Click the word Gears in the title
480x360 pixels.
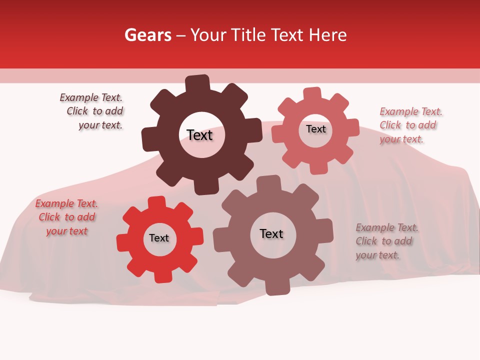point(148,35)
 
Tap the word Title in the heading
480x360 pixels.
point(250,35)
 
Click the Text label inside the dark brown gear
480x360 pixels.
point(199,135)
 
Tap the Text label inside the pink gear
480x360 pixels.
point(315,129)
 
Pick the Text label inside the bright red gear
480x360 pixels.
point(159,238)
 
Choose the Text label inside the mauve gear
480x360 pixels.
point(271,233)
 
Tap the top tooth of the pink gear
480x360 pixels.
point(312,93)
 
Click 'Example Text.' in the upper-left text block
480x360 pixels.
point(91,97)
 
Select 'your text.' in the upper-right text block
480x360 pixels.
point(401,139)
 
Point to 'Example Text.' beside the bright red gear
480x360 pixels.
point(66,203)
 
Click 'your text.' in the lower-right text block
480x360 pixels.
point(377,255)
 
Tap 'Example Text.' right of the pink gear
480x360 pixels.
point(411,111)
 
